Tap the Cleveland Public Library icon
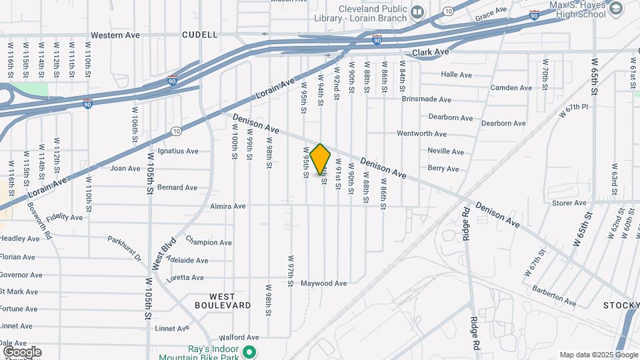click(x=417, y=11)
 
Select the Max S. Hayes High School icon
click(x=615, y=8)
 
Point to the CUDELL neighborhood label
click(x=199, y=35)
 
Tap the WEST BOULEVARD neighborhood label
click(x=223, y=301)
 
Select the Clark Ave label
click(x=431, y=51)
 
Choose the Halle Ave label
click(x=456, y=75)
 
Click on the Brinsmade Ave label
click(x=427, y=99)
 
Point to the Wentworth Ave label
click(x=421, y=134)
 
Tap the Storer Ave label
click(x=569, y=203)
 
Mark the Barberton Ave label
click(x=554, y=295)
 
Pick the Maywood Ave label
click(x=324, y=283)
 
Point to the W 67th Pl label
click(x=574, y=111)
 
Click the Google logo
click(x=22, y=352)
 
